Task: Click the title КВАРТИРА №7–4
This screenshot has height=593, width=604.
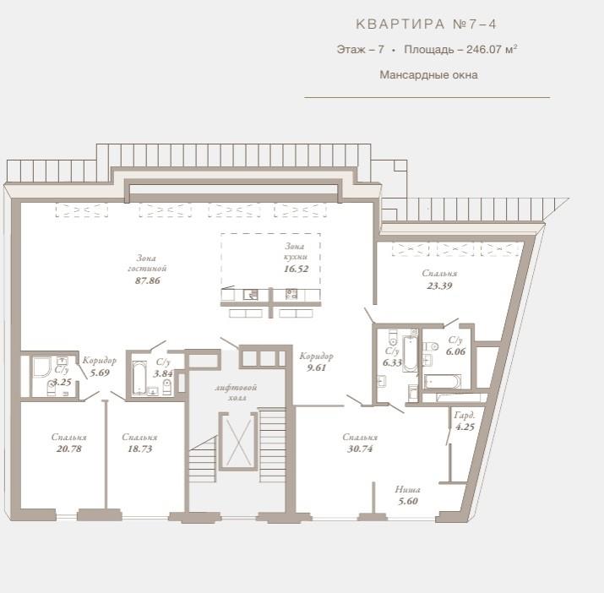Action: (426, 24)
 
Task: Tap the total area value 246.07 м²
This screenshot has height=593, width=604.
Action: (492, 49)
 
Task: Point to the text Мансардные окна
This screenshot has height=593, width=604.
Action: (429, 74)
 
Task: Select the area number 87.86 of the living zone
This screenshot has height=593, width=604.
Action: (148, 280)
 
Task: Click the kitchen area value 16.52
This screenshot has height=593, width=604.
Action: (297, 269)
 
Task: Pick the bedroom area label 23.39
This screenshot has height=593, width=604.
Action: (439, 286)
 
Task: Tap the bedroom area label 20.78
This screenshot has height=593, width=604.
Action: (69, 449)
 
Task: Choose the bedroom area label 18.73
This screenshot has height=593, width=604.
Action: (140, 449)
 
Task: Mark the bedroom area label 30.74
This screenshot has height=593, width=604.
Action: (360, 449)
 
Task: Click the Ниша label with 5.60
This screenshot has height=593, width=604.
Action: (408, 496)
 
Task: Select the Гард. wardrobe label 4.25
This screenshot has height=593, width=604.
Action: (465, 422)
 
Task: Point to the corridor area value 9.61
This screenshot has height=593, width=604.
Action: (317, 367)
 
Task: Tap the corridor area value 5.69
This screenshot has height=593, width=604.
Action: (100, 373)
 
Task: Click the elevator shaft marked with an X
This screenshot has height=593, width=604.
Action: (238, 441)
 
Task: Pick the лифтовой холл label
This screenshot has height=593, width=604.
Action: (236, 393)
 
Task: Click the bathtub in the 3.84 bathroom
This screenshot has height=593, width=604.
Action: (139, 378)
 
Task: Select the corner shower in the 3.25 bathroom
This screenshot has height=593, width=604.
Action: (41, 367)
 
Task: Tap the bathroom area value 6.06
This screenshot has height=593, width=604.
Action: (455, 351)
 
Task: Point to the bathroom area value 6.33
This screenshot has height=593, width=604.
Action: (393, 362)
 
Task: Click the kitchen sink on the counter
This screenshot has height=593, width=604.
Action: (251, 295)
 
